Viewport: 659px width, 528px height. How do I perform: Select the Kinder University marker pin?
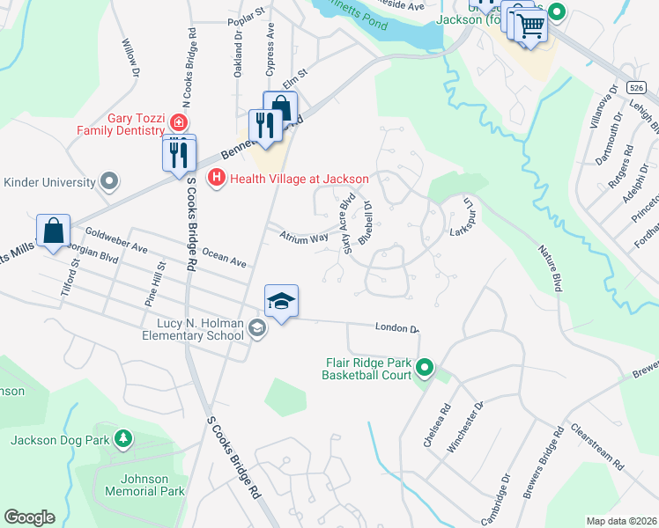tap(109, 182)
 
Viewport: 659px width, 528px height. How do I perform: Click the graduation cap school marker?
tap(281, 302)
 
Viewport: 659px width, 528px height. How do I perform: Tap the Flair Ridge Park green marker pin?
tap(426, 368)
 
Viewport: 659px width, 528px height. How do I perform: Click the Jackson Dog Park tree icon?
tap(123, 438)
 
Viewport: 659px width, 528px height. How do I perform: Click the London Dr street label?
tap(396, 327)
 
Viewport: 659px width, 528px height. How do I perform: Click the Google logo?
tap(29, 517)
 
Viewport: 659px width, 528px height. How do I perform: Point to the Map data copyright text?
tap(620, 521)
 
